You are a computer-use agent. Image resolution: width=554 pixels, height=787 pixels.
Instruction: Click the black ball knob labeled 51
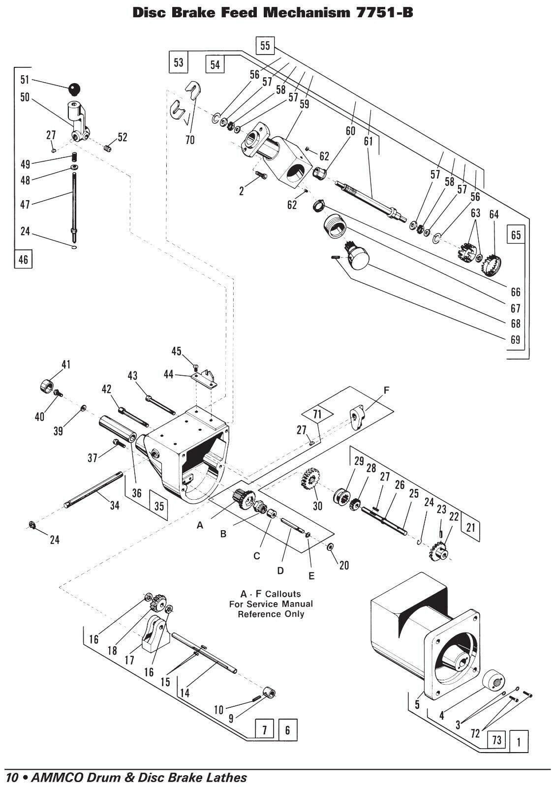pos(74,89)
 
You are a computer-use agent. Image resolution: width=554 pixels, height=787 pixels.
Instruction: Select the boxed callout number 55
pos(265,45)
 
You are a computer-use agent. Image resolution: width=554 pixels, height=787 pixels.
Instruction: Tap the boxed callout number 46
pos(23,259)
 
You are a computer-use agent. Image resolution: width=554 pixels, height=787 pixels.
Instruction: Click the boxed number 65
pos(516,235)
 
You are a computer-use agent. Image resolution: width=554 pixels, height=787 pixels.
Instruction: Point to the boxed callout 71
pos(317,415)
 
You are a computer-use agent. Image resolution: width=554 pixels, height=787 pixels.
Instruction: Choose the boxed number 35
pos(159,506)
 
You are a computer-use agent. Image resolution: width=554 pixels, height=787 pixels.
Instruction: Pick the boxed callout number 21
pos(470,527)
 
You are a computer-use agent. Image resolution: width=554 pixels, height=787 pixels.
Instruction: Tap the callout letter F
pos(386,391)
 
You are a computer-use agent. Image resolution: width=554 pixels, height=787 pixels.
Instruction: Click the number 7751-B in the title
pos(384,13)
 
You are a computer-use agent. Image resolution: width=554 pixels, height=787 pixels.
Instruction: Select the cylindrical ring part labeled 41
pos(48,387)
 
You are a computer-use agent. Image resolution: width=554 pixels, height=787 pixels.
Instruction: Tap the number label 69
pos(515,340)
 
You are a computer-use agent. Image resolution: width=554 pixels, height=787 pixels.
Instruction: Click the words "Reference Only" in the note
pos(271,614)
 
